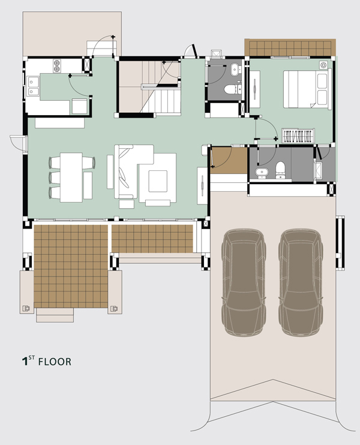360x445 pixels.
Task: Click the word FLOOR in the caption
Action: [55, 362]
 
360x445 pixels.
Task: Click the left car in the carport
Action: [244, 282]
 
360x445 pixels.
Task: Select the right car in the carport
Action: [301, 282]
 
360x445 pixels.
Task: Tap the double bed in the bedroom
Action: [307, 89]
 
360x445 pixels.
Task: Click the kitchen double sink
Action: [33, 86]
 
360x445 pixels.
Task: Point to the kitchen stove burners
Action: [57, 66]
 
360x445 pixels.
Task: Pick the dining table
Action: [71, 178]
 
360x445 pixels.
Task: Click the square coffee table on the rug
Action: [158, 181]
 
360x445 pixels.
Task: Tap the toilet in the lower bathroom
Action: [280, 170]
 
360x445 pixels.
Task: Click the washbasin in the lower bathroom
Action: [262, 173]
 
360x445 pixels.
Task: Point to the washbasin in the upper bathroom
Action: [235, 70]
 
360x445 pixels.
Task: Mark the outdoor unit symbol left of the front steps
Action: [26, 308]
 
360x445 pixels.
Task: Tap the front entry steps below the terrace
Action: [55, 315]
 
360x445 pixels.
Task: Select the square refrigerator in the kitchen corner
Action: [79, 106]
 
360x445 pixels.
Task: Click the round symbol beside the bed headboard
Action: [323, 65]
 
